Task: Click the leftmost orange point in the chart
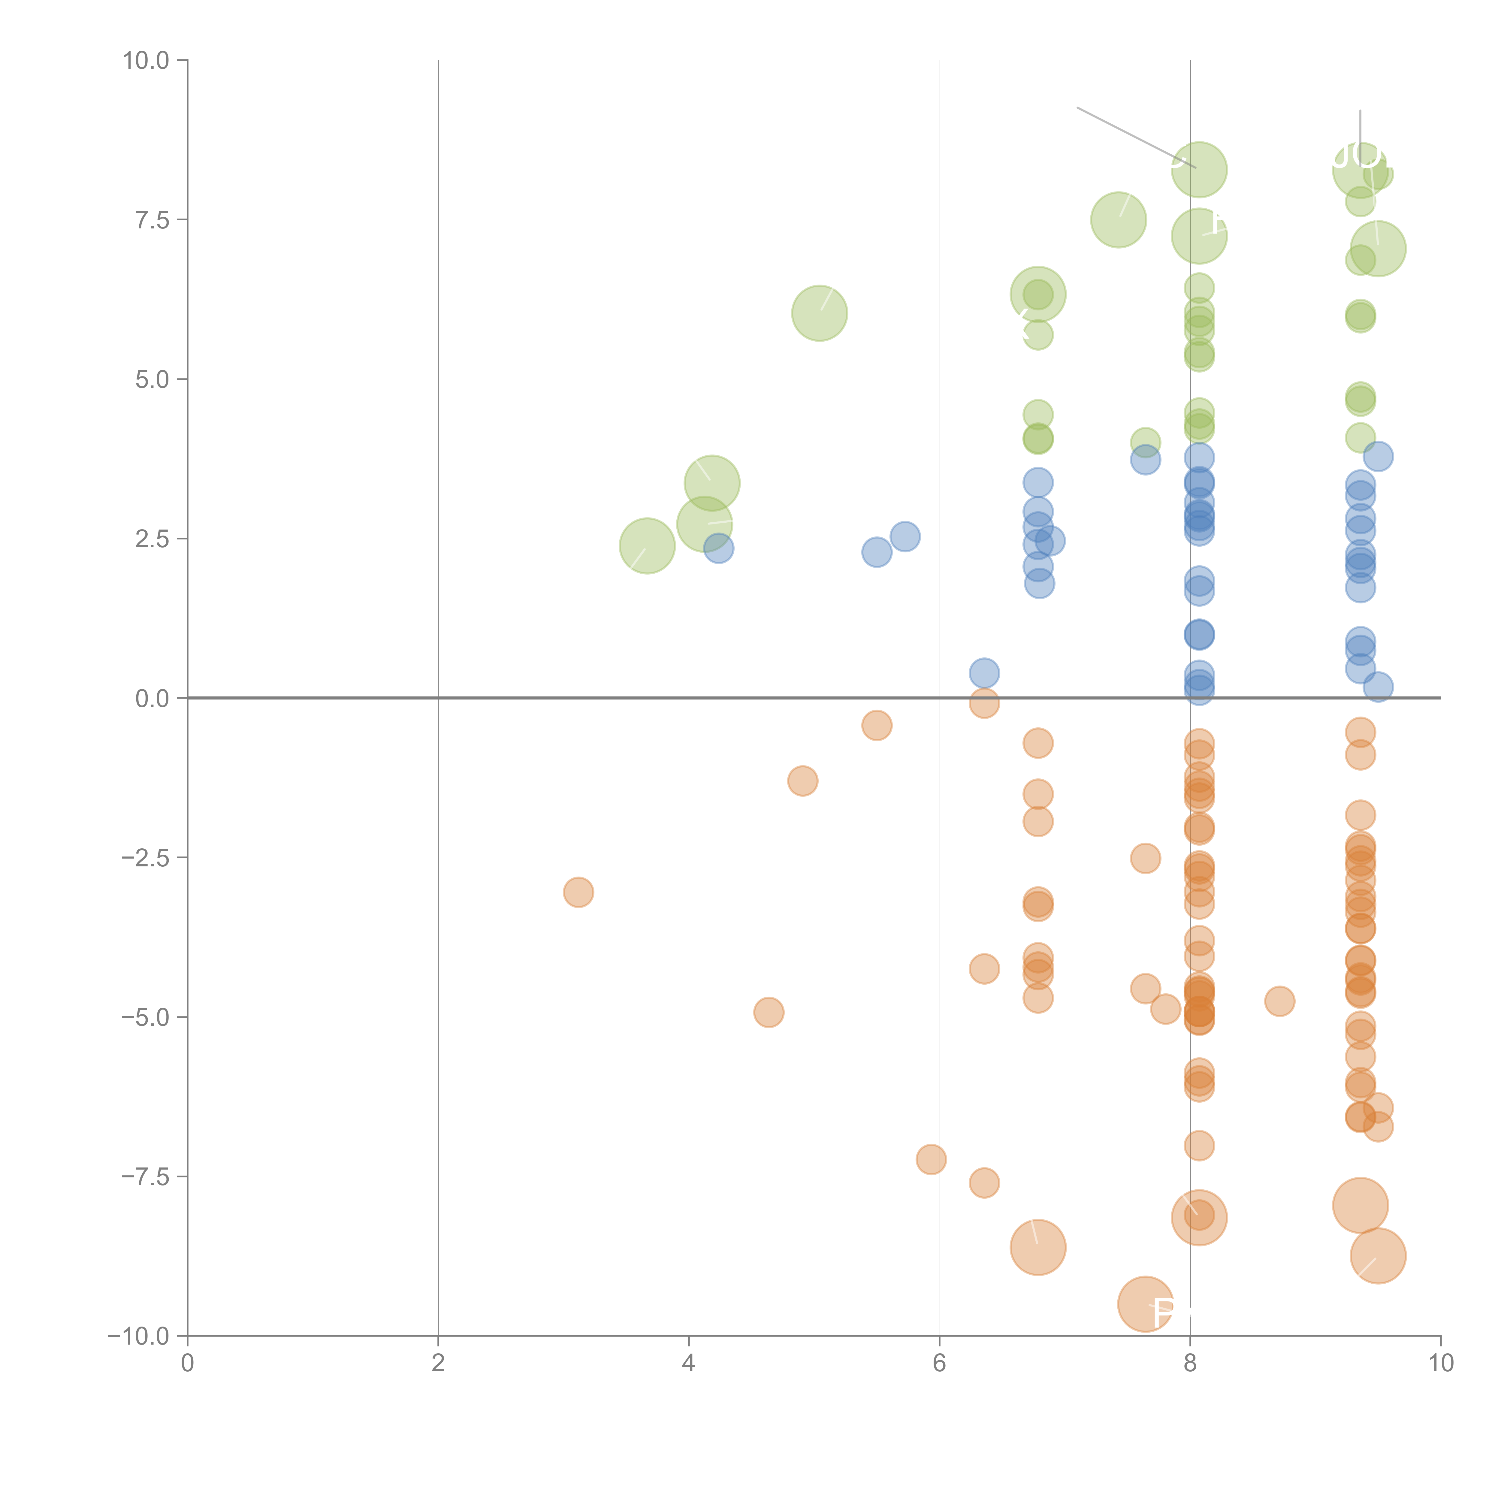[x=578, y=892]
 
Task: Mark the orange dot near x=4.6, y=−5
[x=769, y=1012]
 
